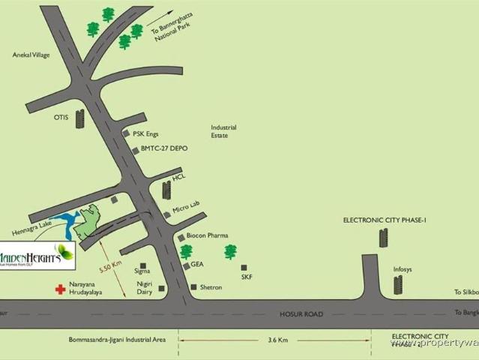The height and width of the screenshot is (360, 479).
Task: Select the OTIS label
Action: point(61,118)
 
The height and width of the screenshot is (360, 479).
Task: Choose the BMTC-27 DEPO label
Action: point(164,149)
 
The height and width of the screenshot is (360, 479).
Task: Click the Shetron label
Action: point(211,287)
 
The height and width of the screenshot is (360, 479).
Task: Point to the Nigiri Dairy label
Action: point(145,287)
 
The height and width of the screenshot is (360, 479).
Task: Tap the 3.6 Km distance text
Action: point(277,340)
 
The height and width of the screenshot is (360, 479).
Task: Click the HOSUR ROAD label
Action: point(303,314)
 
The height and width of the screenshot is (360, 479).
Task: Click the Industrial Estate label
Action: point(223,131)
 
